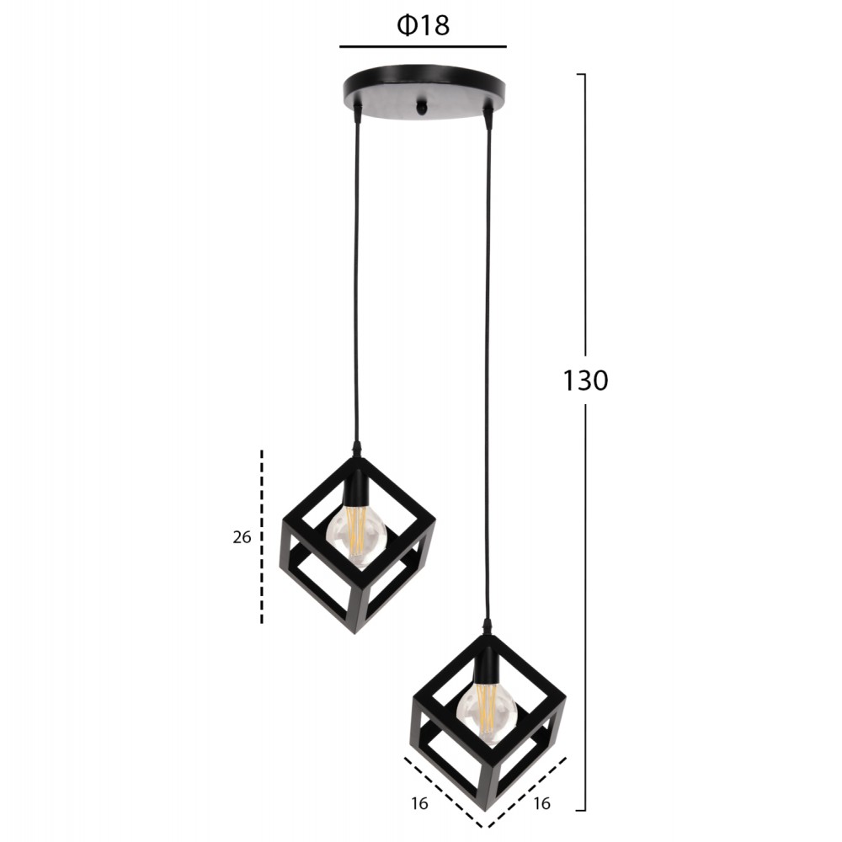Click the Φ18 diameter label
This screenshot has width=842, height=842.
click(x=424, y=25)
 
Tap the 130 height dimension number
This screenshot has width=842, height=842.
click(x=585, y=381)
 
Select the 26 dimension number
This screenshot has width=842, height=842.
click(x=242, y=537)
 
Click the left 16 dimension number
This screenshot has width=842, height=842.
click(x=420, y=804)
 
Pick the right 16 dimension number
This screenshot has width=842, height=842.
click(x=541, y=803)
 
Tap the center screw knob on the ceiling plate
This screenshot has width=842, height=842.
click(x=424, y=107)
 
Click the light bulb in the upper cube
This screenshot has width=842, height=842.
click(x=356, y=536)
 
